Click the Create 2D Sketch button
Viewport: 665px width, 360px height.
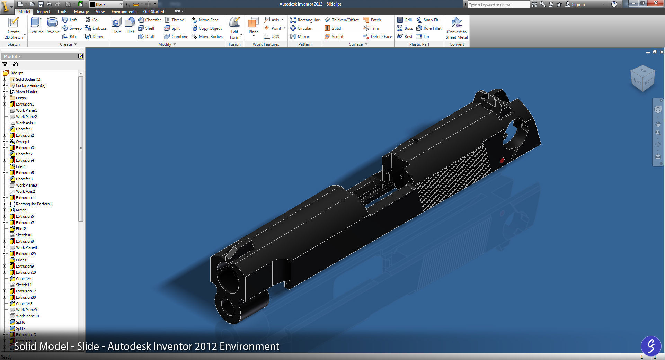[x=14, y=28]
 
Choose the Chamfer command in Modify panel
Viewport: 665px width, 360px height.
[x=150, y=20]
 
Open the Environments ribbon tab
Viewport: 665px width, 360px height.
[x=124, y=11]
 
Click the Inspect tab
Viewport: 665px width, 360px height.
[x=44, y=11]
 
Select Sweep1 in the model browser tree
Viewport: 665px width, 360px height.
[x=23, y=142]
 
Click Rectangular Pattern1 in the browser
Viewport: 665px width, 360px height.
[x=34, y=204]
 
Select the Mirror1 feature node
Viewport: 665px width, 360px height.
[x=22, y=210]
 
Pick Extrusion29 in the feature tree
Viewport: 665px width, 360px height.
[x=26, y=254]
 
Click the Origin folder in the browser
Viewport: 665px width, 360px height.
[x=21, y=98]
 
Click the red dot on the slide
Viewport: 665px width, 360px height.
[x=502, y=160]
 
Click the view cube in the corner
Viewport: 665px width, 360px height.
[x=643, y=79]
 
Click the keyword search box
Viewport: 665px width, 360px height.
[x=498, y=4]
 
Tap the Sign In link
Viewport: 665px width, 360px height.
[x=578, y=4]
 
